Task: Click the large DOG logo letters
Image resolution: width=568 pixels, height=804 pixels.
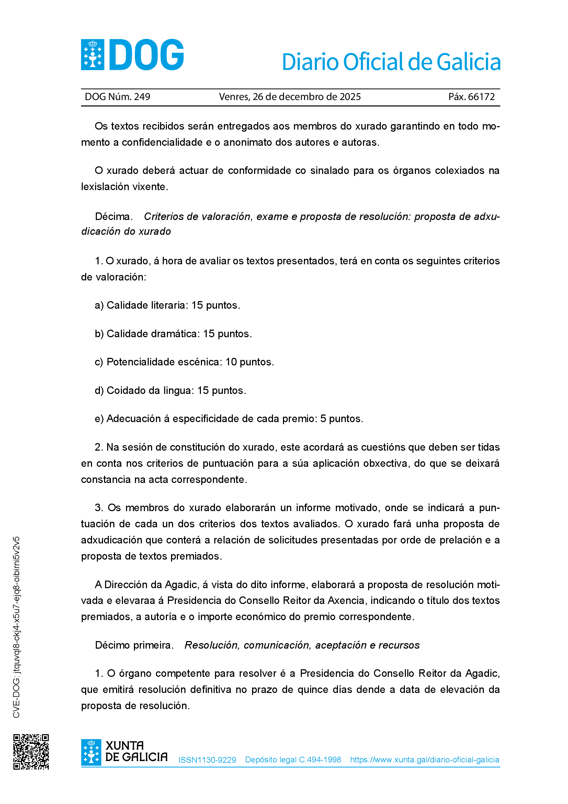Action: (147, 55)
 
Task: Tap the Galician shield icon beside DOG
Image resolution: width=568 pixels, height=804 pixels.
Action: (93, 55)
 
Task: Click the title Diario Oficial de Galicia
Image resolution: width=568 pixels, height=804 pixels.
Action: (391, 62)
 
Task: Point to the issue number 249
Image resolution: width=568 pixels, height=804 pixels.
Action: (142, 97)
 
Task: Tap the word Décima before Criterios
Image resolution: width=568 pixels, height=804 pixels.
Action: (113, 217)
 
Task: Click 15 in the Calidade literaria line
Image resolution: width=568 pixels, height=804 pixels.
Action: (197, 305)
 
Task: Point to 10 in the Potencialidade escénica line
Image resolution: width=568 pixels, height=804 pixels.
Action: (231, 362)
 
